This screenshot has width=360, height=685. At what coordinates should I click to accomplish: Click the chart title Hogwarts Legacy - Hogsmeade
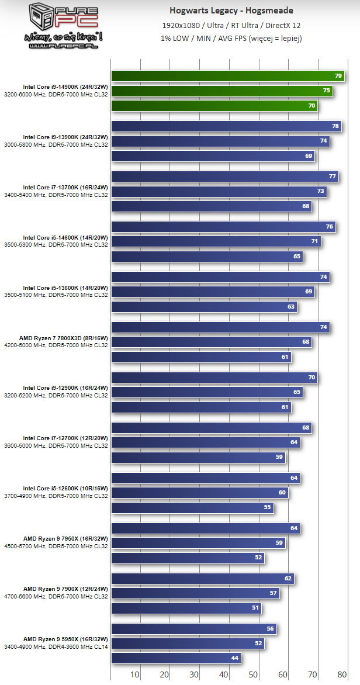coord(231,11)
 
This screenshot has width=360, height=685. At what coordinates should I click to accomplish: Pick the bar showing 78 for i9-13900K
coord(227,126)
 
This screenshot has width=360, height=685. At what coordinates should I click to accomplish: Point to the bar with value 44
coord(175,658)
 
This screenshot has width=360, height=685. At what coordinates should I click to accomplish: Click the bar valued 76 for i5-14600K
coord(223,227)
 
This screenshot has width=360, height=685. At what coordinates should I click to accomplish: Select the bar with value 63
coord(204,307)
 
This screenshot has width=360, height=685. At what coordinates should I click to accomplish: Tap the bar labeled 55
coord(192,508)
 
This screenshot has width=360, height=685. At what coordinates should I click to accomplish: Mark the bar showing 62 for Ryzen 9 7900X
coord(202,579)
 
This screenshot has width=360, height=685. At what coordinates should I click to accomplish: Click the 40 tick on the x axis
coord(224,674)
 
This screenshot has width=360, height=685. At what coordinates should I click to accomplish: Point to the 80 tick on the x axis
coord(342,674)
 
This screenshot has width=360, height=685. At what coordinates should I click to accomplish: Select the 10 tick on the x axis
coord(135,674)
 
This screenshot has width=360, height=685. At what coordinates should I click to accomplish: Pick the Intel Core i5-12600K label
coord(65,489)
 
